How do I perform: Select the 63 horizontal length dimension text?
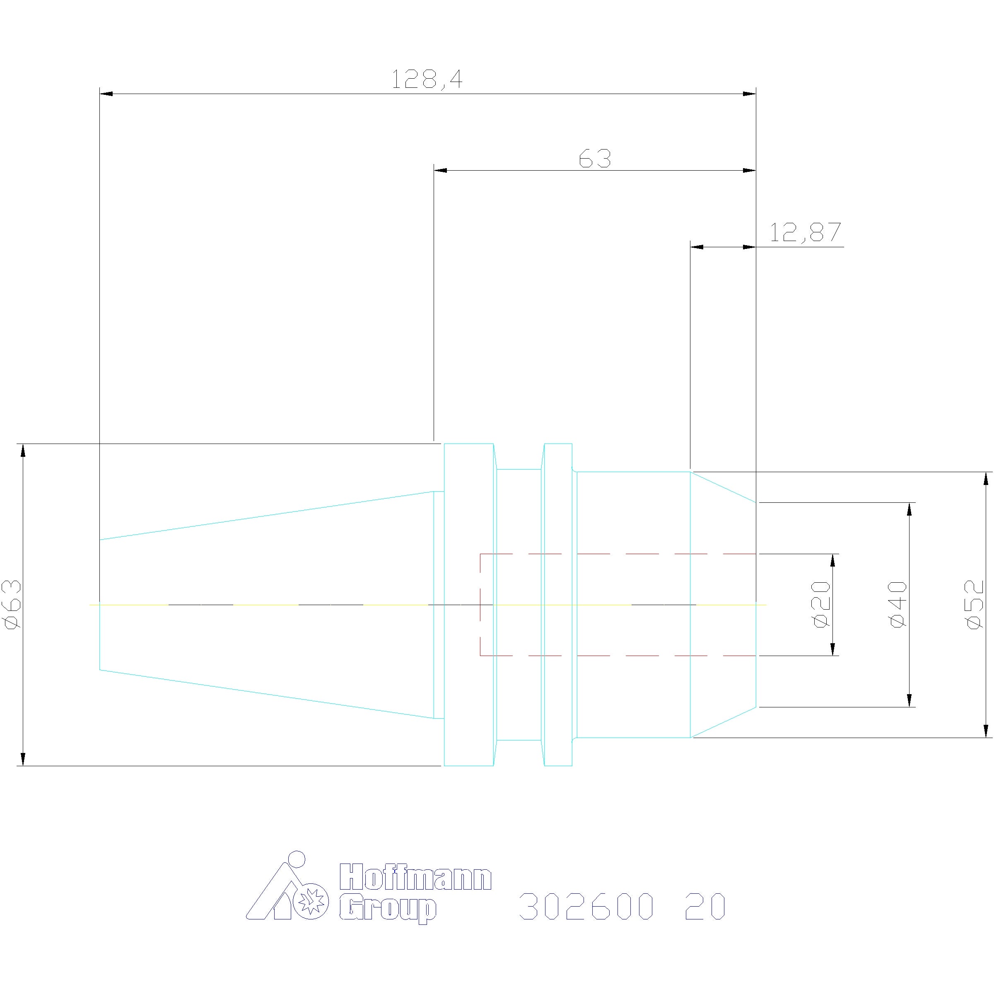[x=595, y=159]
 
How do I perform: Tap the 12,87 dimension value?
[x=805, y=232]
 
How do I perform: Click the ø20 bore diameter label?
[x=822, y=605]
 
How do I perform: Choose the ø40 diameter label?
[x=898, y=605]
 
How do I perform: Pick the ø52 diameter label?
[x=975, y=605]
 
